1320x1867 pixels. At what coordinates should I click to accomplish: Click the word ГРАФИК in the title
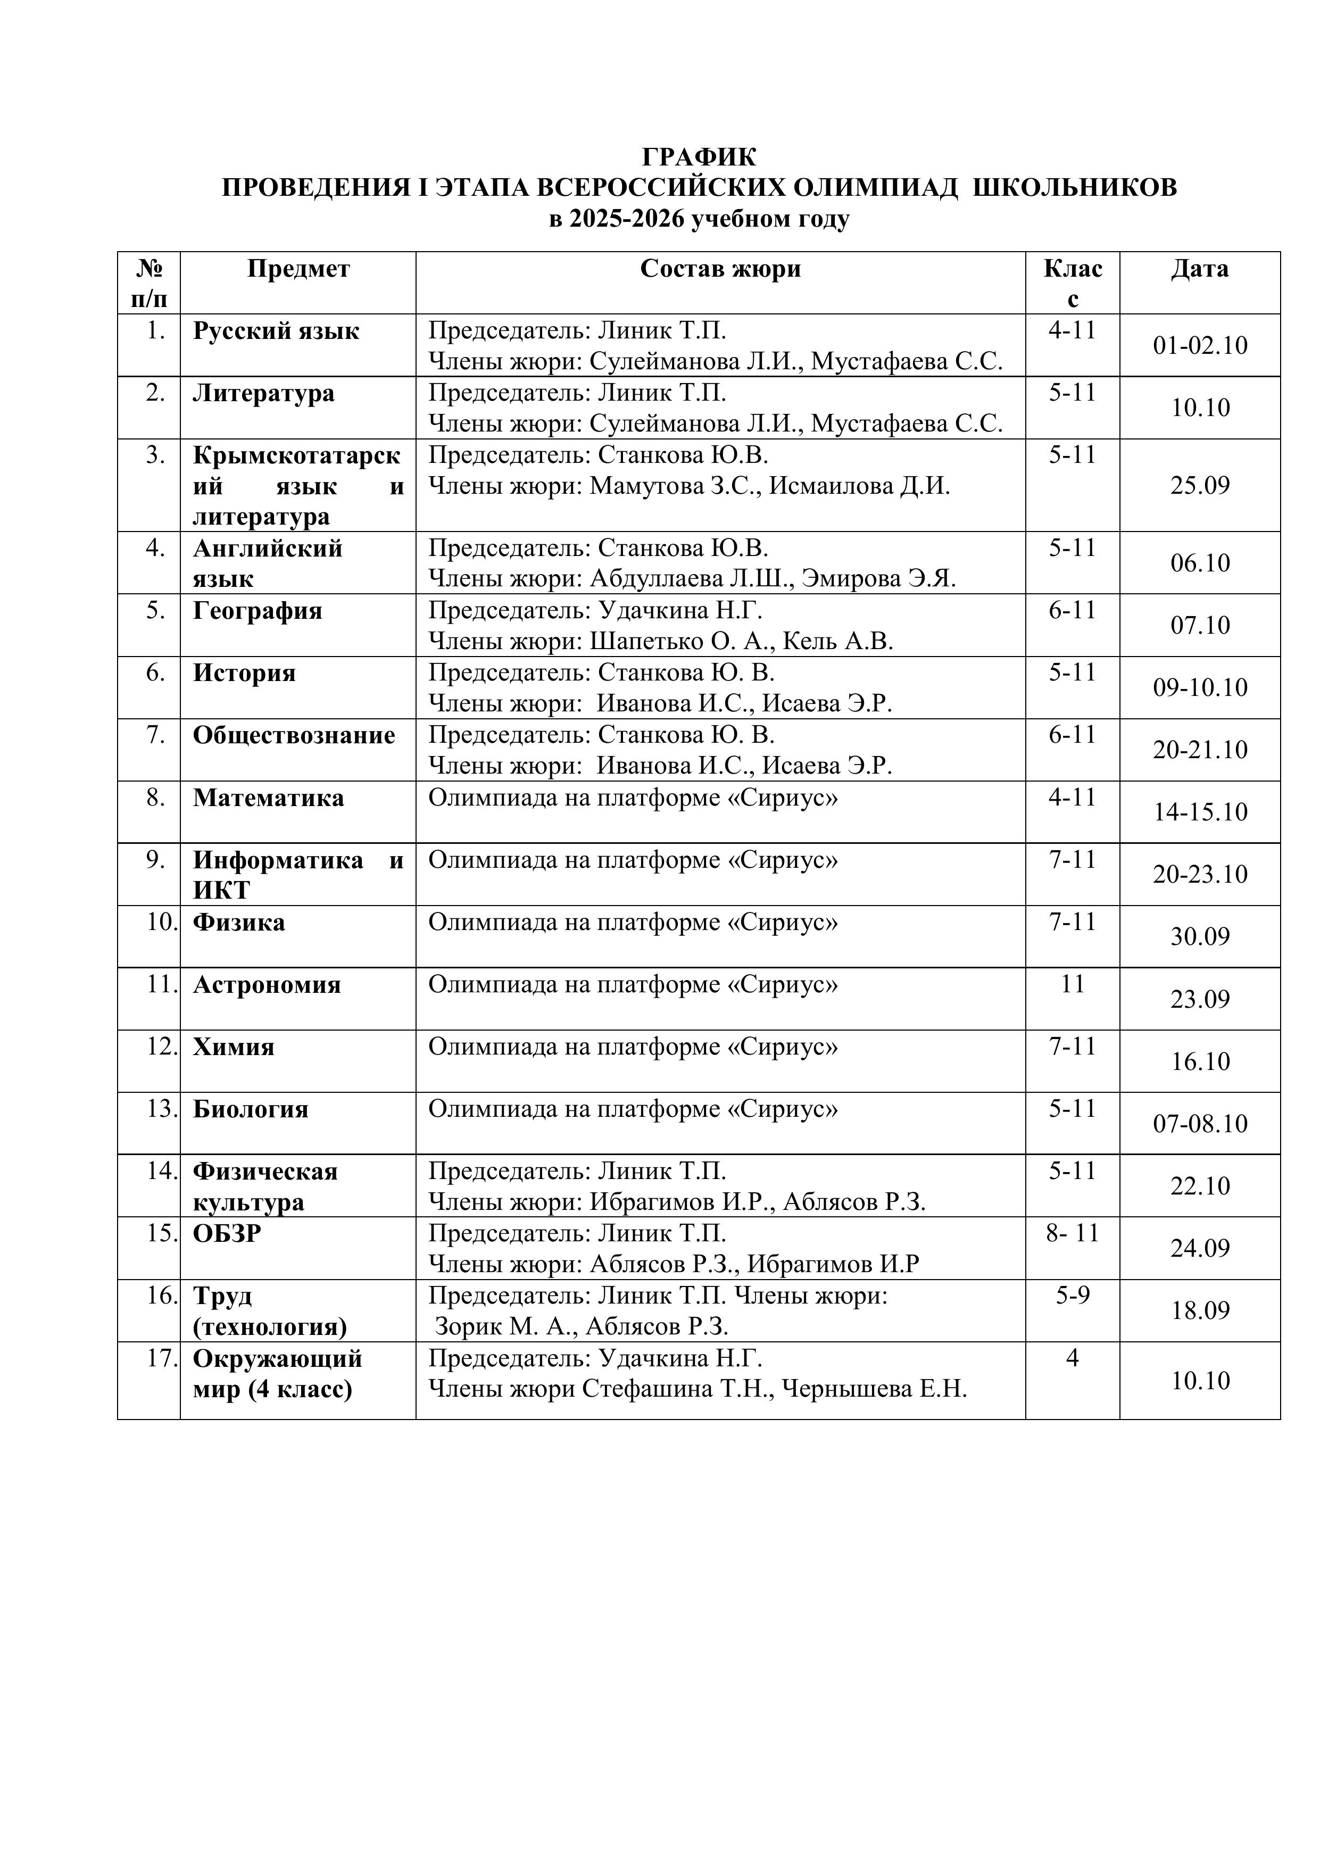(x=700, y=156)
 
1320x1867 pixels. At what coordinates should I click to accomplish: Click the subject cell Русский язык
(x=276, y=331)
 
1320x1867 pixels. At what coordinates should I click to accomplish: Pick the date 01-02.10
(x=1200, y=346)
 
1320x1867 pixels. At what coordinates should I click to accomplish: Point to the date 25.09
(x=1200, y=485)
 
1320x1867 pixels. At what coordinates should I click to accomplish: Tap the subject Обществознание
(x=294, y=735)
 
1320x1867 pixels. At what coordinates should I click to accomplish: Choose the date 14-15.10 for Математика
(x=1200, y=812)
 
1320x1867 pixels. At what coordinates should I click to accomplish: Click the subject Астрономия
(x=267, y=985)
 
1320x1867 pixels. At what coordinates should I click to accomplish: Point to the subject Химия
(x=234, y=1047)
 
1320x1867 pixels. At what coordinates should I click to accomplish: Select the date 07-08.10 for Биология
(x=1200, y=1124)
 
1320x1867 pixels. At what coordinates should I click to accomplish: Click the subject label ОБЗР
(x=227, y=1233)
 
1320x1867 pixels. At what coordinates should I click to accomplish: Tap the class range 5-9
(x=1072, y=1296)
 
